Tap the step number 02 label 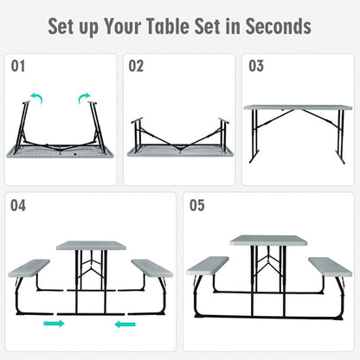(x=137, y=65)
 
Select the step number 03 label (x=256, y=65)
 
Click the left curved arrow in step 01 (x=35, y=98)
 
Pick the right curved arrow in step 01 (x=85, y=97)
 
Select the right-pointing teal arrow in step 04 (x=54, y=324)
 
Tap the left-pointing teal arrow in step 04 (x=125, y=324)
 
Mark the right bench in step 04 (x=151, y=268)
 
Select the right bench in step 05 (x=330, y=266)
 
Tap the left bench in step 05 (x=208, y=266)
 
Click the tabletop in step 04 (x=91, y=245)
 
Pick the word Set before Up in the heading (x=70, y=26)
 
